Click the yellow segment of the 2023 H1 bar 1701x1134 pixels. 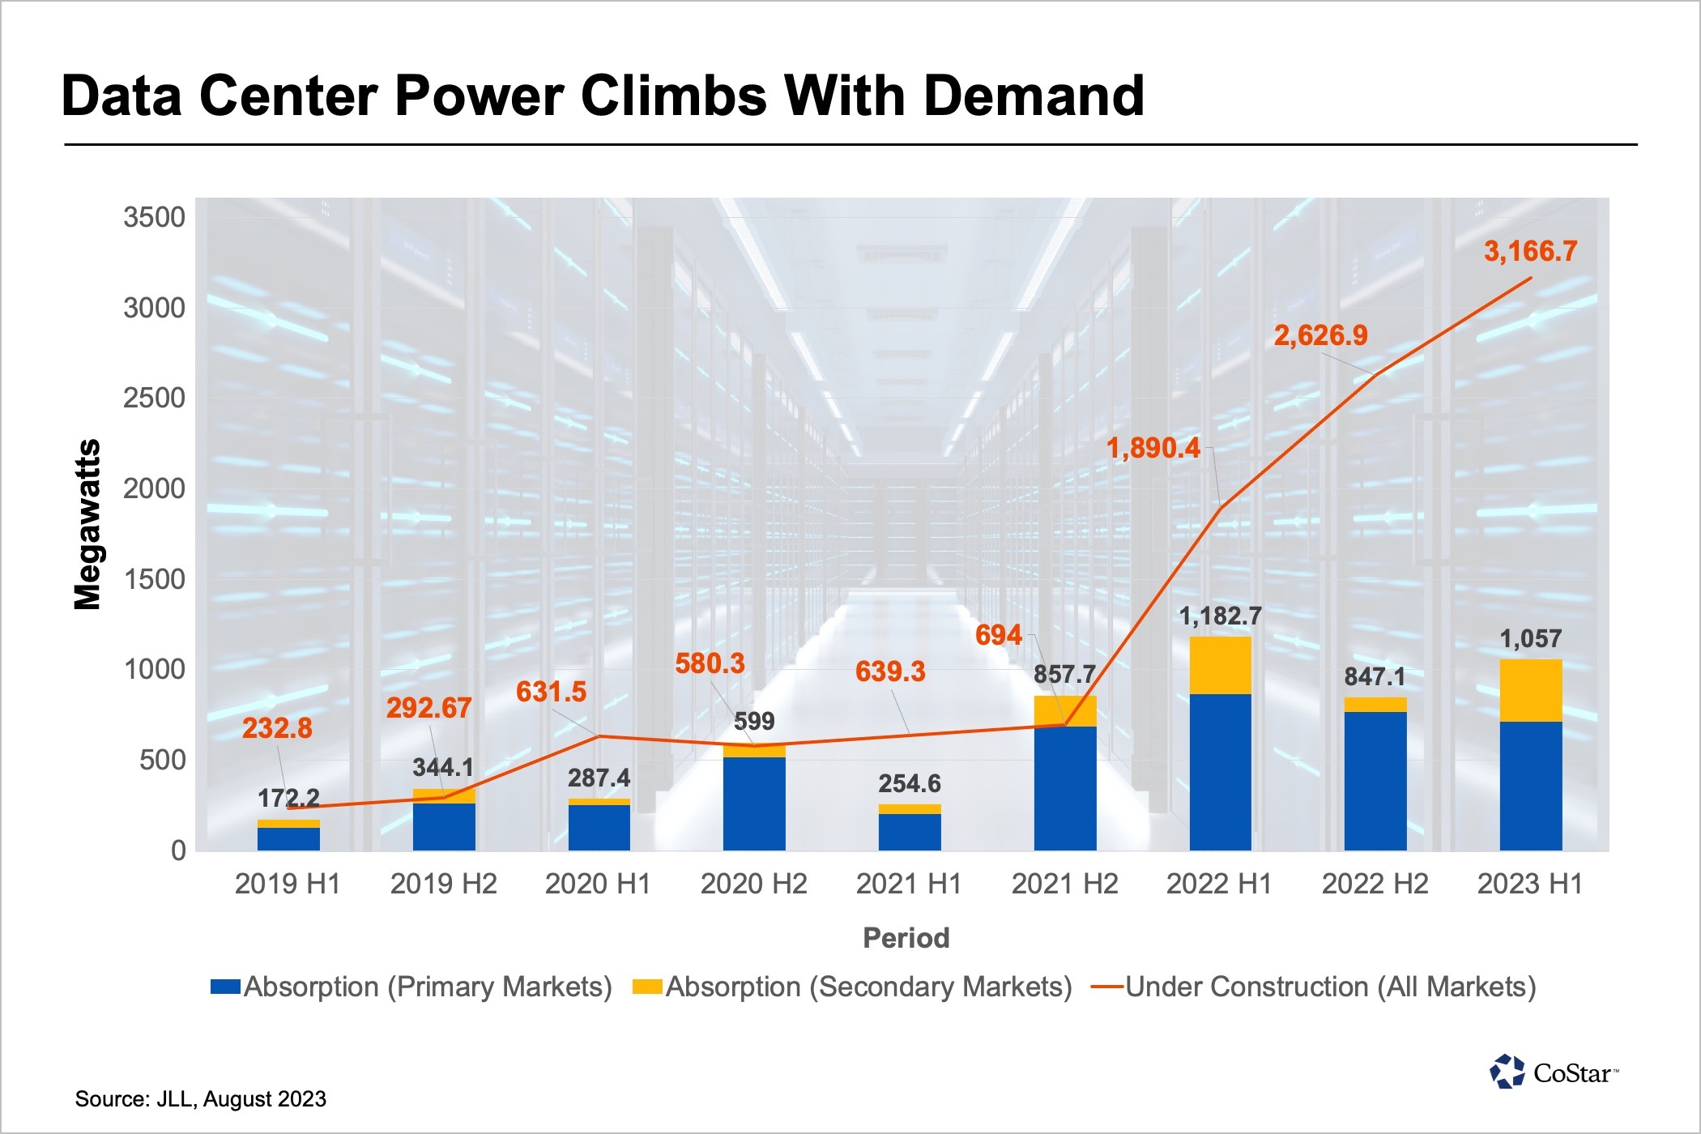tap(1530, 690)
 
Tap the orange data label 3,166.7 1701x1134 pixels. tap(1530, 251)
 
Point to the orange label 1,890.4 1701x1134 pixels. tap(1153, 448)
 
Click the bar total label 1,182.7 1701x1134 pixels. tap(1220, 616)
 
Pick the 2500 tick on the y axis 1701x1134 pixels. tap(154, 399)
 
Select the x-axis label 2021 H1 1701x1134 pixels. tap(909, 884)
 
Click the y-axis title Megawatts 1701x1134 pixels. tap(87, 524)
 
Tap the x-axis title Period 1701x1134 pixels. tap(906, 938)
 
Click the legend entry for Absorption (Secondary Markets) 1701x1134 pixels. tap(852, 987)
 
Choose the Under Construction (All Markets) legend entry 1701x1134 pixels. tap(1314, 987)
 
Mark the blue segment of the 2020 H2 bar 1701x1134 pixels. tap(754, 804)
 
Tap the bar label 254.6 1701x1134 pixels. tap(910, 783)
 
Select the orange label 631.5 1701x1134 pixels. tap(551, 692)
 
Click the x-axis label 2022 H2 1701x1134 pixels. tap(1375, 884)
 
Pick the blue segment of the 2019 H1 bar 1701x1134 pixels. tap(288, 839)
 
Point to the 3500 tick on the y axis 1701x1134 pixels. tap(154, 217)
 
